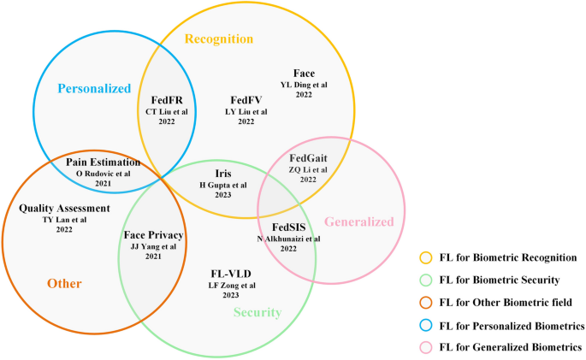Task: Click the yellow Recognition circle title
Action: click(x=220, y=38)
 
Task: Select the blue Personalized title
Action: click(x=93, y=88)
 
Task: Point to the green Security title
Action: click(x=257, y=312)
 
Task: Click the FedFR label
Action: click(x=165, y=100)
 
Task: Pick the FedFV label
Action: click(x=246, y=100)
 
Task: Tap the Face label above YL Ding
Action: click(x=304, y=74)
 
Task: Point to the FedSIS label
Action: click(x=288, y=227)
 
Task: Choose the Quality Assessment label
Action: click(x=64, y=208)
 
